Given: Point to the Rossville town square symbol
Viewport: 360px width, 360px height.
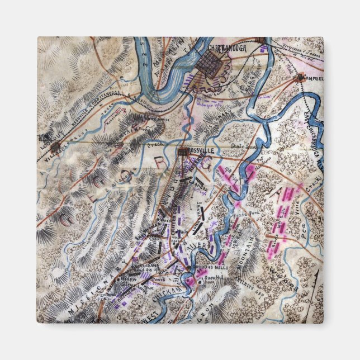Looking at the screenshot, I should coord(183,151).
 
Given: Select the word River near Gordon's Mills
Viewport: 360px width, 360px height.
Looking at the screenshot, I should coord(200,245).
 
